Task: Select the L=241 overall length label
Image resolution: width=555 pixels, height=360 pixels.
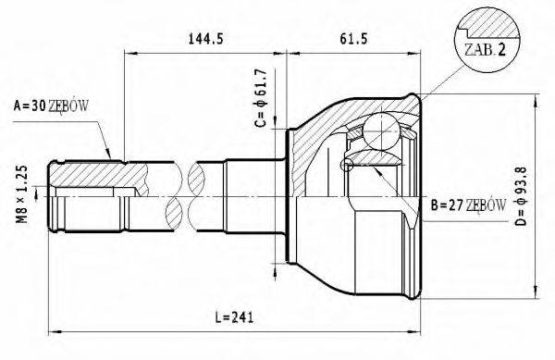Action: tap(233, 318)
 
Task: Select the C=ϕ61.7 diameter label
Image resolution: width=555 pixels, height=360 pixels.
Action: tap(261, 98)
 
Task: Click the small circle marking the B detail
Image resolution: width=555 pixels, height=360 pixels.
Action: tap(347, 166)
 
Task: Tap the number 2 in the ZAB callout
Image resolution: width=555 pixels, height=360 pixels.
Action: tap(502, 52)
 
